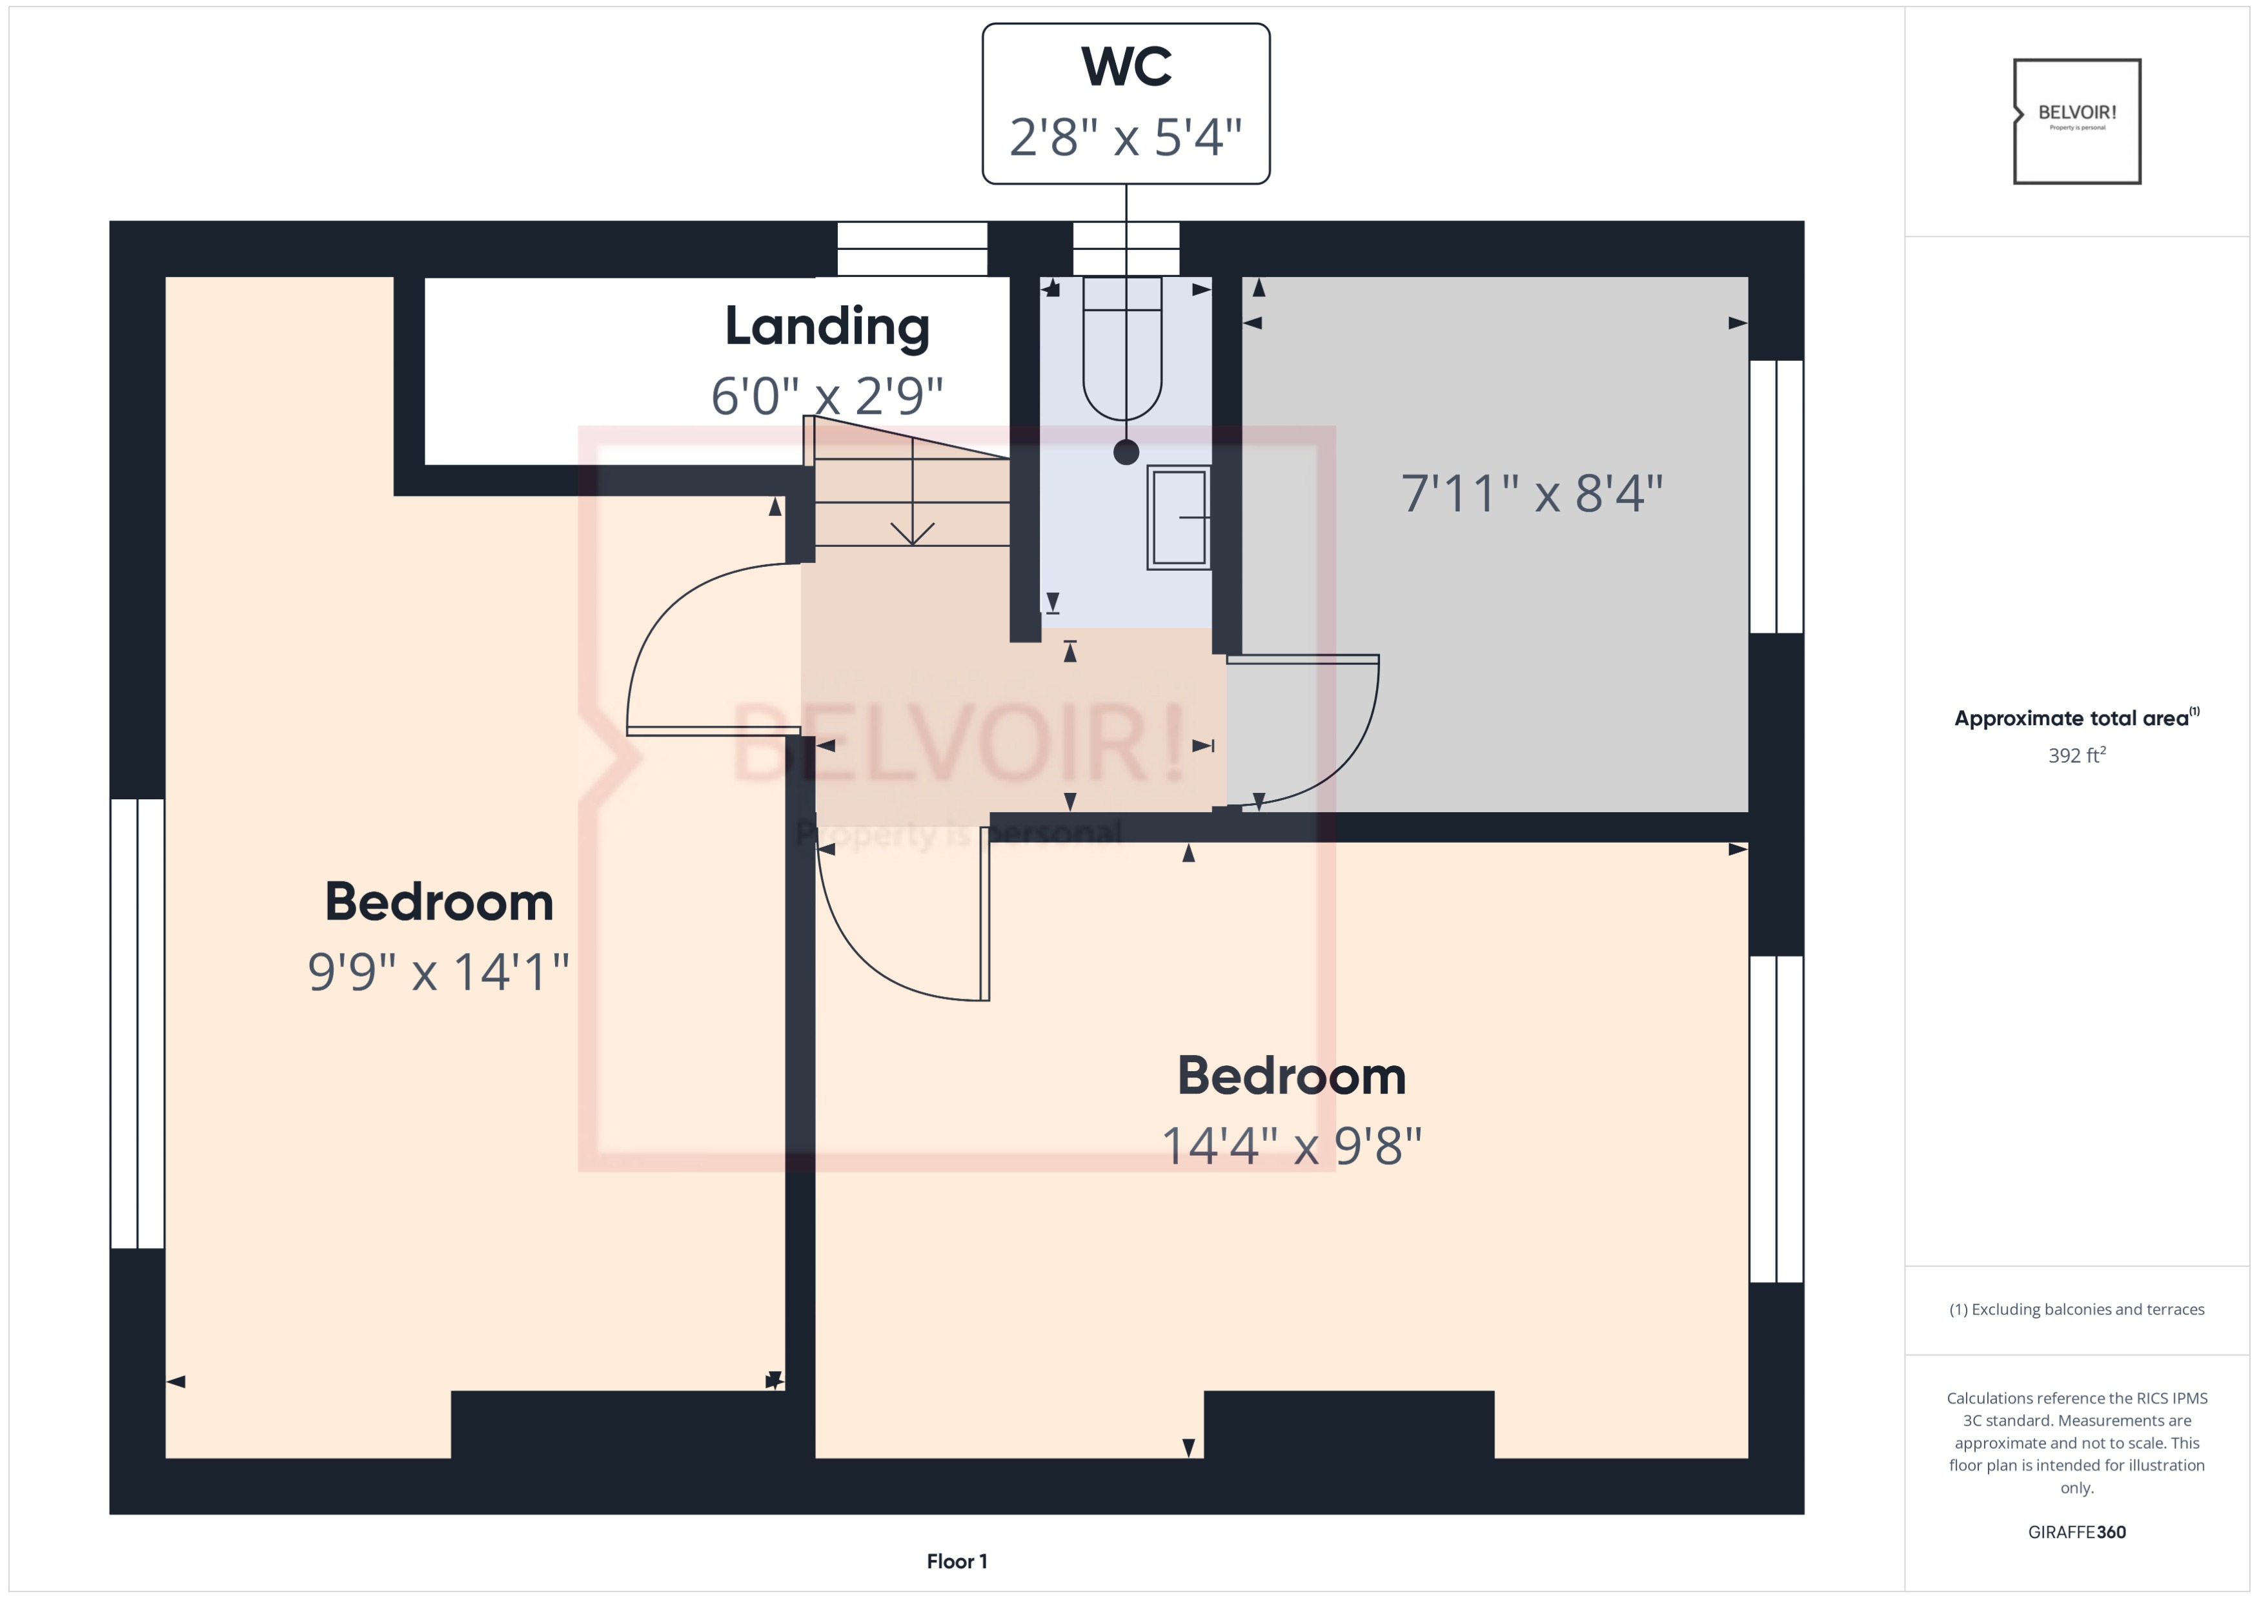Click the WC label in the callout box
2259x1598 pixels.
(x=1126, y=67)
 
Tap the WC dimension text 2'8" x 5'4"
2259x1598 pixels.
(x=1126, y=137)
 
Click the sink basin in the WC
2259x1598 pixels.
(x=1178, y=518)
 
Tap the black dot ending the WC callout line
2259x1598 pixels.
(x=1126, y=453)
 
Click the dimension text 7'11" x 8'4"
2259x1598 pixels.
(x=1531, y=494)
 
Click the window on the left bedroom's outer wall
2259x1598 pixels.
(x=137, y=1023)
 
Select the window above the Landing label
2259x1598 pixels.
(x=912, y=249)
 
